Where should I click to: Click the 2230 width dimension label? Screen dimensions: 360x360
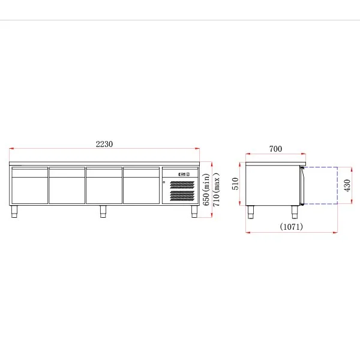click(104, 144)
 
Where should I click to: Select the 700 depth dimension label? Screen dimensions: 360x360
click(275, 149)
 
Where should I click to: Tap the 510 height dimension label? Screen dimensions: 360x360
click(235, 184)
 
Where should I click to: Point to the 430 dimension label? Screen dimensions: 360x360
click(347, 185)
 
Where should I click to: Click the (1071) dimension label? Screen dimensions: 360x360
click(292, 227)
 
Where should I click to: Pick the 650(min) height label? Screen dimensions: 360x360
click(206, 190)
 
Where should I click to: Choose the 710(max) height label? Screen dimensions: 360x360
click(216, 190)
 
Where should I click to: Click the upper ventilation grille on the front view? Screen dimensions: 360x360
click(182, 185)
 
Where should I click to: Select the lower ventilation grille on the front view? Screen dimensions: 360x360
click(182, 196)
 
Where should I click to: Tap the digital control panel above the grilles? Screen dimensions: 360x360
click(184, 174)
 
